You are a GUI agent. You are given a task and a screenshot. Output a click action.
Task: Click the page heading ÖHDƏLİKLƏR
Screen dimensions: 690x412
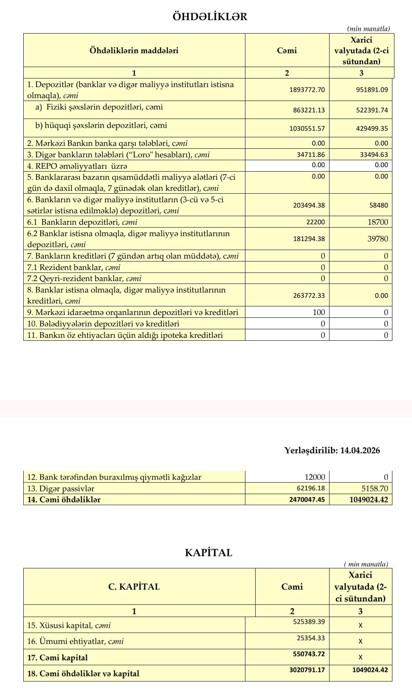pyautogui.click(x=210, y=17)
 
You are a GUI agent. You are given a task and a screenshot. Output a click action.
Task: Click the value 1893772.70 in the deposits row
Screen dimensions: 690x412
pyautogui.click(x=307, y=89)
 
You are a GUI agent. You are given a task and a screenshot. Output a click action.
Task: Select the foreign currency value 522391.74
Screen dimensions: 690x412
pyautogui.click(x=372, y=110)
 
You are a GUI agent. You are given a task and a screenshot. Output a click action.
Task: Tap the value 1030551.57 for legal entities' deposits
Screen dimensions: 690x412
pyautogui.click(x=307, y=128)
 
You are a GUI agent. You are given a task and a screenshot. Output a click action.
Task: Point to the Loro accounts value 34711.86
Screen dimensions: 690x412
pyautogui.click(x=311, y=154)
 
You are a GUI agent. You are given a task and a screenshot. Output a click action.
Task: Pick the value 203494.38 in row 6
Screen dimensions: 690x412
pyautogui.click(x=309, y=205)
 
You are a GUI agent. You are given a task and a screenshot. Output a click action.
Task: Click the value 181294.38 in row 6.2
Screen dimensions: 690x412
pyautogui.click(x=309, y=239)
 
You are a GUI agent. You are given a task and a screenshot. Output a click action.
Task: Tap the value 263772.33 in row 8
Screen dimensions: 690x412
pyautogui.click(x=309, y=295)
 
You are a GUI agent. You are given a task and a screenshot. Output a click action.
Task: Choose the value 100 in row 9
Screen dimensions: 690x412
pyautogui.click(x=318, y=313)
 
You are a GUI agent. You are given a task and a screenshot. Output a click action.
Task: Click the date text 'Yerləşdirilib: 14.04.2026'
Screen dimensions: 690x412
pyautogui.click(x=332, y=451)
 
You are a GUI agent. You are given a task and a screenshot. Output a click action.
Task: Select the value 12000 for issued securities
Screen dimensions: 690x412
pyautogui.click(x=315, y=477)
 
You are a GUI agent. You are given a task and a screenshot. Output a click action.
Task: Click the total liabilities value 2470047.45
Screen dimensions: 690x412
pyautogui.click(x=307, y=500)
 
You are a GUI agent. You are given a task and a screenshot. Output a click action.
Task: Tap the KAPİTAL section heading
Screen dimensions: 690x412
pyautogui.click(x=208, y=553)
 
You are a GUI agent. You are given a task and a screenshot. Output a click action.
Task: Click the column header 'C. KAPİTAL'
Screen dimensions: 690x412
pyautogui.click(x=134, y=587)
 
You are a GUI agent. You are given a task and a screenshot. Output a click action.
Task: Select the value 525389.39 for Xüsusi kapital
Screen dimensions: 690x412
pyautogui.click(x=309, y=622)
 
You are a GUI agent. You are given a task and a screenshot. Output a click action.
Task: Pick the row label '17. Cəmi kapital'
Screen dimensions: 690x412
pyautogui.click(x=57, y=658)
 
